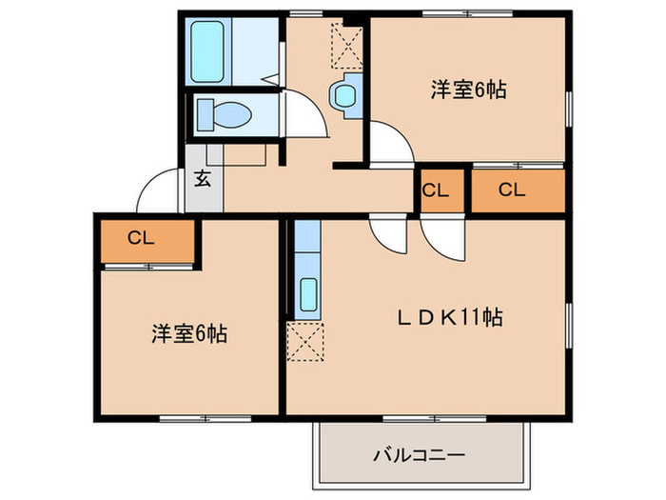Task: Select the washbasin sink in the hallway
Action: pos(343,96)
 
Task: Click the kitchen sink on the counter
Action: pos(308,294)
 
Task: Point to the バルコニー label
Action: pos(418,455)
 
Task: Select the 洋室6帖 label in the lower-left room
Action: pos(188,334)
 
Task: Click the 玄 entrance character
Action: pos(203,177)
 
